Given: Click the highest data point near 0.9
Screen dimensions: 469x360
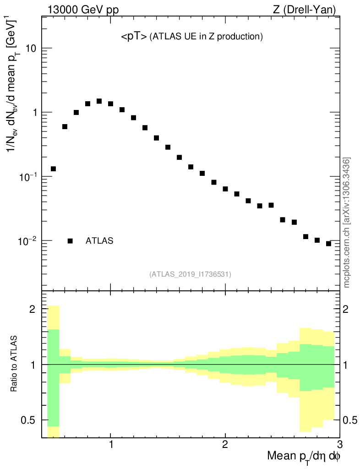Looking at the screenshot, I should tap(99, 101).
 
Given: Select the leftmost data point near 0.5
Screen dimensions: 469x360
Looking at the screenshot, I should tap(53, 169).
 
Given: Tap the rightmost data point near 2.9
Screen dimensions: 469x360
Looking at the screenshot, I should tap(328, 244).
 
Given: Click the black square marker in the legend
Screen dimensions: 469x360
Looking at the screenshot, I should tap(70, 241).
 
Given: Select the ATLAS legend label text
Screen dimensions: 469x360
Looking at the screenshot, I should tap(99, 241).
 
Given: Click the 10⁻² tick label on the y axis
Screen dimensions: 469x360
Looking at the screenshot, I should tap(27, 240).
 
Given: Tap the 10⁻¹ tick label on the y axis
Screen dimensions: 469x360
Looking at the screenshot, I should tap(27, 176).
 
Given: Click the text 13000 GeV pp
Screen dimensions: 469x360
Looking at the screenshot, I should tap(82, 9).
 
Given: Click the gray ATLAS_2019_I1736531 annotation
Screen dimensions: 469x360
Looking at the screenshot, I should tap(190, 274).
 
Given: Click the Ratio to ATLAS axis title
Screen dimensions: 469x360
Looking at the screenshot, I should tap(14, 364).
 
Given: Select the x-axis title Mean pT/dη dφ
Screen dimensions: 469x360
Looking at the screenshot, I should tap(304, 457).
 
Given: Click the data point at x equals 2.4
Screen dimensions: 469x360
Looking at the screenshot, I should tap(271, 205).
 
